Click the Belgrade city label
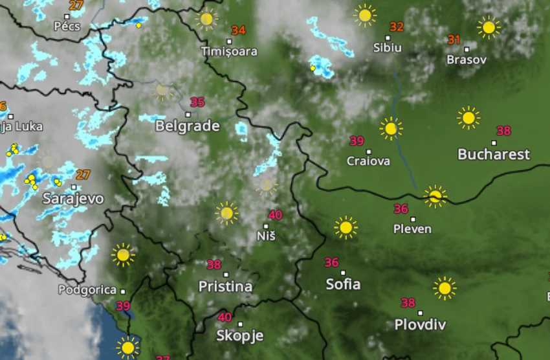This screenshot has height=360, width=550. pyautogui.click(x=188, y=126)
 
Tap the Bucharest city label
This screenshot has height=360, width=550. pyautogui.click(x=494, y=154)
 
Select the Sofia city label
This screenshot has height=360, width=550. pyautogui.click(x=343, y=284)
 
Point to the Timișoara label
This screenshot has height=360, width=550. pyautogui.click(x=229, y=51)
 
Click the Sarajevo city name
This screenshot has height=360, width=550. pyautogui.click(x=73, y=198)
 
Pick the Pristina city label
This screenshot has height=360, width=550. pyautogui.click(x=225, y=286)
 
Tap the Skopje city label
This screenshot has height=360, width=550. pyautogui.click(x=240, y=335)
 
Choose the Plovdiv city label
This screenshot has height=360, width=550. pyautogui.click(x=420, y=324)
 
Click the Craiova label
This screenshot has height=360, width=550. pyautogui.click(x=369, y=161)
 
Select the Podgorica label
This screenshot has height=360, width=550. pyautogui.click(x=87, y=290)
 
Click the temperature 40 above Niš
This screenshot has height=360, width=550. pyautogui.click(x=275, y=215)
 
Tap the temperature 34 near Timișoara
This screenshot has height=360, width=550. pyautogui.click(x=238, y=30)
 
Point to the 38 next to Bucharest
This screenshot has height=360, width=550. pyautogui.click(x=503, y=131)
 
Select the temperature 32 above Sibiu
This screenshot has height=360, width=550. pyautogui.click(x=396, y=27)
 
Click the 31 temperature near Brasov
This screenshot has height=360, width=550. pyautogui.click(x=454, y=39)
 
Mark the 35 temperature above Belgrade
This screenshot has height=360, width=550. pyautogui.click(x=197, y=102)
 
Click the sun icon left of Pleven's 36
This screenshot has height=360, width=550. pyautogui.click(x=346, y=227)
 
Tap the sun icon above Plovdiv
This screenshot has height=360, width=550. pyautogui.click(x=445, y=288)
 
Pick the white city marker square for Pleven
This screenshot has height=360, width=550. pyautogui.click(x=413, y=219)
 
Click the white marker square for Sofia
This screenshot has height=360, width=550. pyautogui.click(x=343, y=273)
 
